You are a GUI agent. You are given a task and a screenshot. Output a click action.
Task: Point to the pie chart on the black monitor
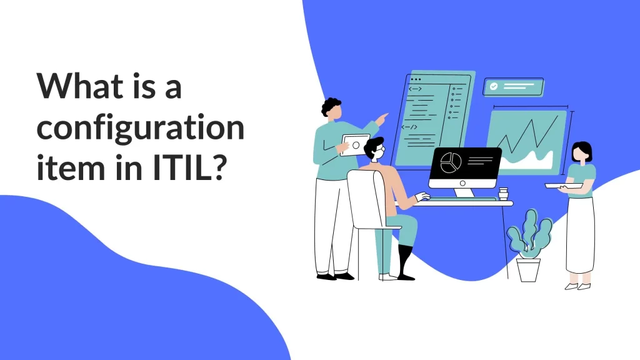point(449,162)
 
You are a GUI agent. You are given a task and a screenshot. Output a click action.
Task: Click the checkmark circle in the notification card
point(494,87)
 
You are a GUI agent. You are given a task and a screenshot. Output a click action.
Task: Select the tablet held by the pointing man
point(354,145)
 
